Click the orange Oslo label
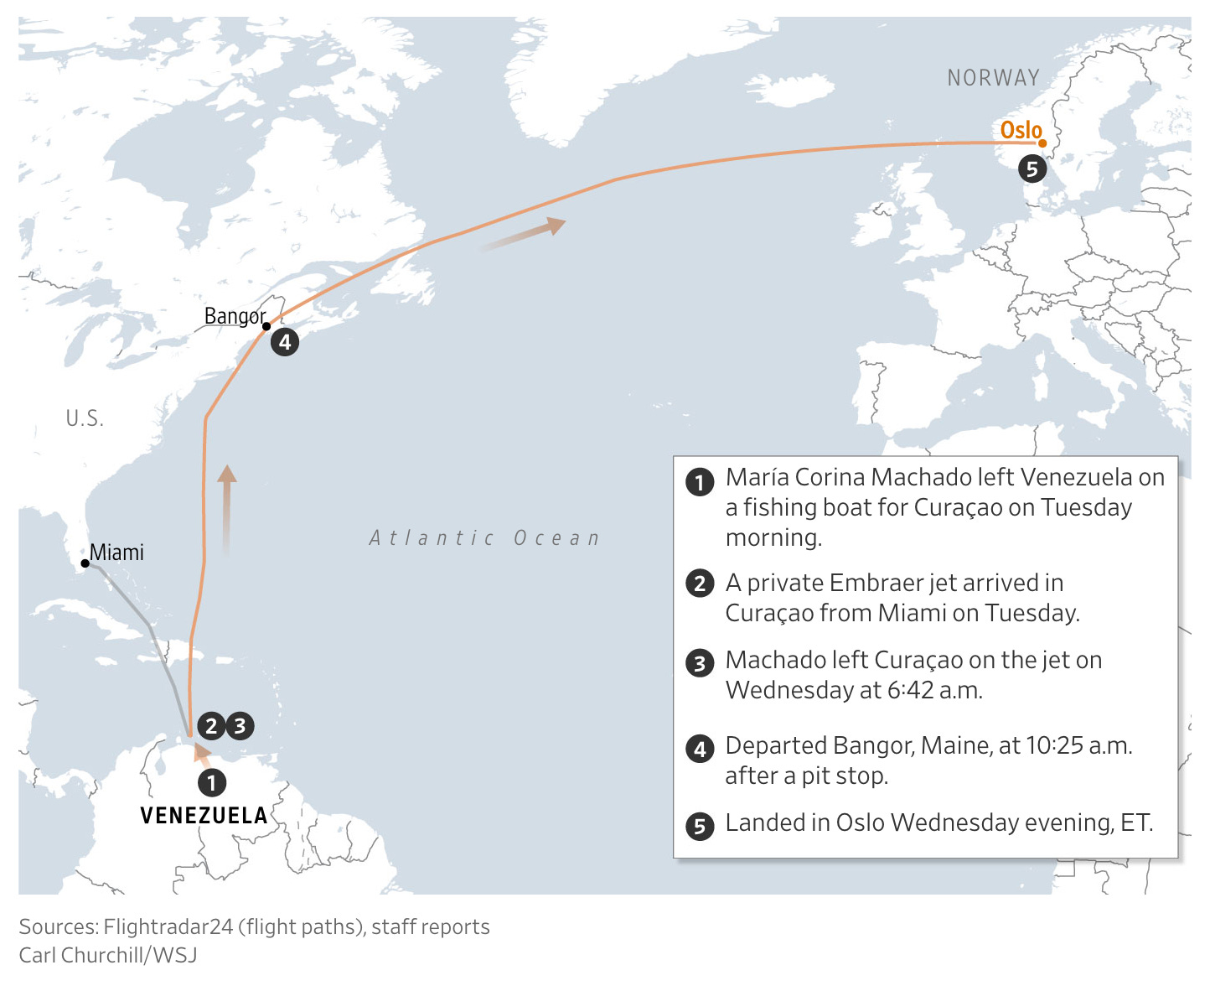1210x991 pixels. (1021, 130)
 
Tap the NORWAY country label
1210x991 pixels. (993, 78)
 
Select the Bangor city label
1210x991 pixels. (235, 316)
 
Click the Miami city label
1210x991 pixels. (116, 553)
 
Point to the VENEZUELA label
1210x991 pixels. (204, 816)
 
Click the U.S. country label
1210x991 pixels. (85, 418)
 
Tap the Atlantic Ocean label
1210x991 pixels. (485, 538)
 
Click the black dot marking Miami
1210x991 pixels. (85, 563)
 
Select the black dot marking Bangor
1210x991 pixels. (266, 326)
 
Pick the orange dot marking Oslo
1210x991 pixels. (1042, 143)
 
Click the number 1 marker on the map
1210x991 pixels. (212, 783)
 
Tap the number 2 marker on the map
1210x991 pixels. (211, 726)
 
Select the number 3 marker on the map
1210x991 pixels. (240, 726)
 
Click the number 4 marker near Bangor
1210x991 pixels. (285, 342)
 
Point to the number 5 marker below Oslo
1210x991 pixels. (1032, 169)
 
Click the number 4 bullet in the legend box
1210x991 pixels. (700, 748)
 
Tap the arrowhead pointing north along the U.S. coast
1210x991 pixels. (227, 475)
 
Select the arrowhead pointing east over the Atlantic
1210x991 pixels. (556, 225)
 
